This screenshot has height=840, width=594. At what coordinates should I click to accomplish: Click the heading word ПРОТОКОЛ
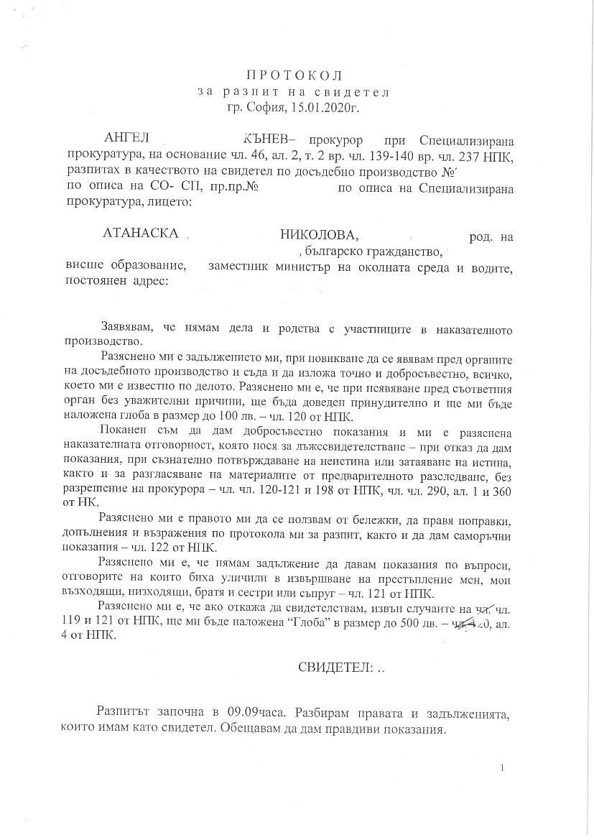(x=296, y=75)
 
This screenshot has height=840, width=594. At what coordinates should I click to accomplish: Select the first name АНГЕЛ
(x=125, y=139)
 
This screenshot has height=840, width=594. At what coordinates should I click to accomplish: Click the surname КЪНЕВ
(x=266, y=139)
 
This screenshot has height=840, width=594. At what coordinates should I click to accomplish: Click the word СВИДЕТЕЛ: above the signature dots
(x=335, y=667)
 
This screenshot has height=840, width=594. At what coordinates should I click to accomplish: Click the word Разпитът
(x=124, y=712)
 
